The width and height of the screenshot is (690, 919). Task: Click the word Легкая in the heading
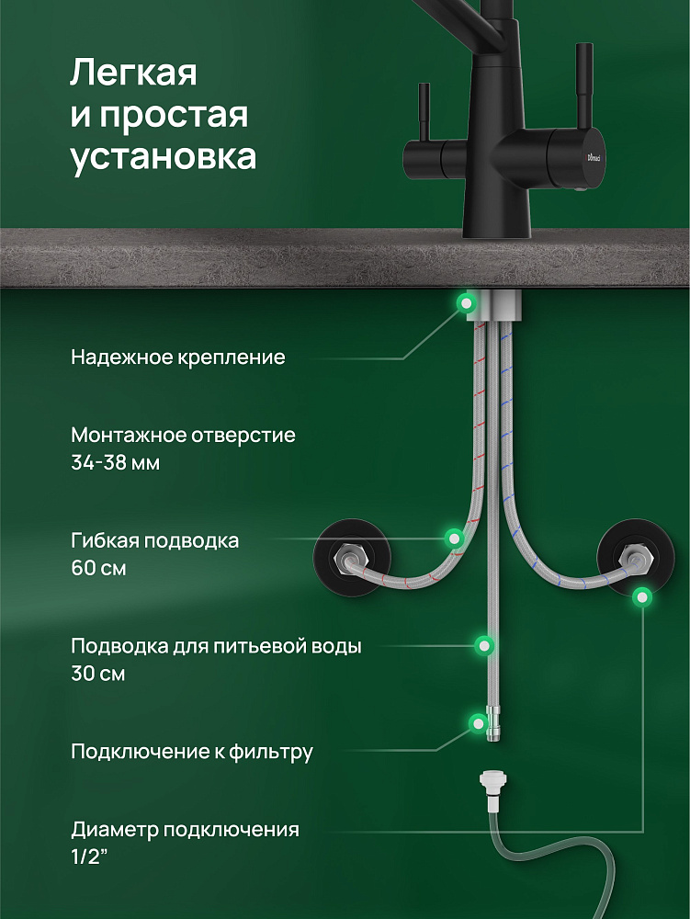(133, 74)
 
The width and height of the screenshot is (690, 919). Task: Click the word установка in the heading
(164, 156)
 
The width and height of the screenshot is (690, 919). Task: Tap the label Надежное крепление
(178, 357)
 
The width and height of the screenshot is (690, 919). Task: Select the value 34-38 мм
(116, 463)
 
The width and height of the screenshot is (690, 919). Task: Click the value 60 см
(98, 568)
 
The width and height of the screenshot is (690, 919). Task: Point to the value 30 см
(97, 673)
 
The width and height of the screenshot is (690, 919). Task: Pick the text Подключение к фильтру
(192, 752)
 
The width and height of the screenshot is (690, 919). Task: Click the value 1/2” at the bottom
(90, 857)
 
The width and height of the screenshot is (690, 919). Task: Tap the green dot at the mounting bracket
(466, 303)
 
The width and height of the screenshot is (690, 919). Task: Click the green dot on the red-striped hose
(453, 537)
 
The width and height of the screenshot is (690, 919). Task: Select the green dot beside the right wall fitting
(642, 596)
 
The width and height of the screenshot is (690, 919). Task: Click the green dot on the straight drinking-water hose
(484, 645)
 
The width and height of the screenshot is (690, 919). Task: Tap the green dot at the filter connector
(479, 722)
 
